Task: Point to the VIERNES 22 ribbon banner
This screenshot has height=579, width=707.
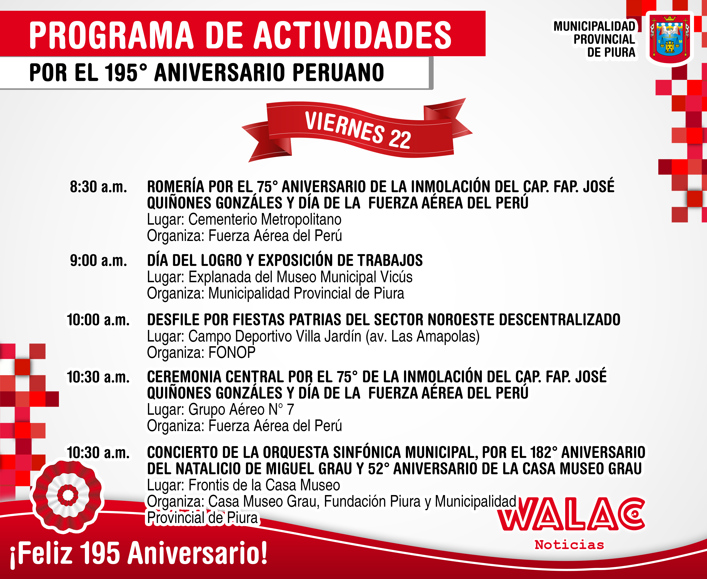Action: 357,130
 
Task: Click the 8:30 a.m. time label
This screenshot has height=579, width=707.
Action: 98,187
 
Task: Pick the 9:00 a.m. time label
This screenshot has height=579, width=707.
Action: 98,261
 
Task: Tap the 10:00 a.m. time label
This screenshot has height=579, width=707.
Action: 98,320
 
